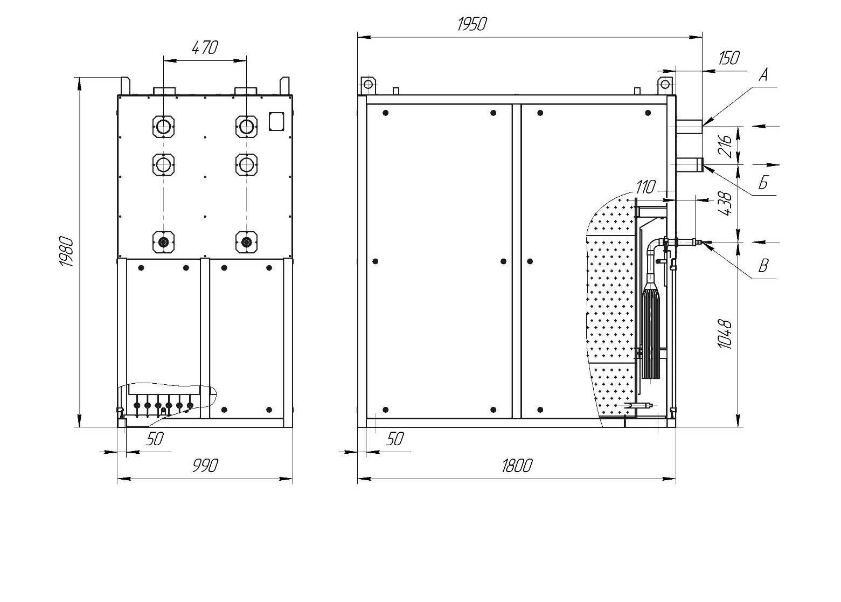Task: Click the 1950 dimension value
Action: pos(472,24)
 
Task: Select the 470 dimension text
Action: pos(205,47)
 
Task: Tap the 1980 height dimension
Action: pos(66,251)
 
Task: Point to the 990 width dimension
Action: pos(205,466)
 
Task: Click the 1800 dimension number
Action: pos(517,466)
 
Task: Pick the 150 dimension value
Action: pos(729,58)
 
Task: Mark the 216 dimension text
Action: pos(726,146)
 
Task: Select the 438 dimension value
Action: pos(726,204)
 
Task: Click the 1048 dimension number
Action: pos(726,334)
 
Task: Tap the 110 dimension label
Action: pos(646,187)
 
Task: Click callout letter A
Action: pos(763,75)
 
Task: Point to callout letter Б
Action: pos(763,183)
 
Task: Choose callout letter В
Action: pos(763,266)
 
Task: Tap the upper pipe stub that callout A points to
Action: pos(689,127)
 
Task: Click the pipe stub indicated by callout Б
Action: pos(689,165)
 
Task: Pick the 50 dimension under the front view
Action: pos(155,439)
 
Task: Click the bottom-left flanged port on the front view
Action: pos(163,242)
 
